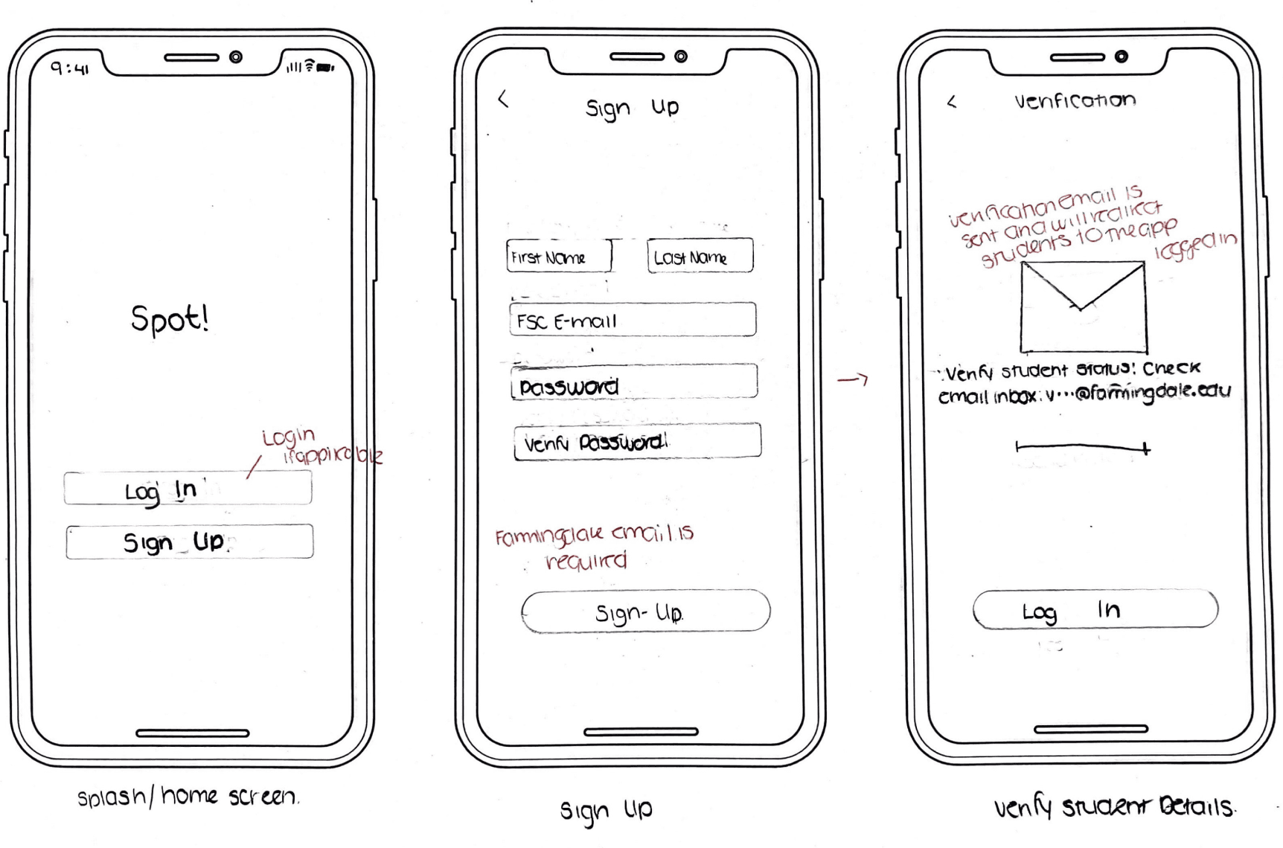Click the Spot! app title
point(170,319)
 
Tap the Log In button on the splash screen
point(188,489)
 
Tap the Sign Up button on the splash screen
point(189,542)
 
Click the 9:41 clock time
point(69,68)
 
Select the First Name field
point(559,257)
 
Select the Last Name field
point(700,257)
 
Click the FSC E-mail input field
point(633,320)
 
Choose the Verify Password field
point(637,442)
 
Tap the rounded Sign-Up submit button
point(645,611)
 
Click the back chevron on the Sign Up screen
point(504,99)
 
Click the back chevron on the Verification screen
point(952,102)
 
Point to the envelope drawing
point(1083,306)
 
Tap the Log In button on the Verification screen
point(1095,610)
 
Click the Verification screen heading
point(1075,100)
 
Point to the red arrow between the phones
point(853,380)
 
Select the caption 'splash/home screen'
point(188,797)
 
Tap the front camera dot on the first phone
point(236,57)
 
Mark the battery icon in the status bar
point(325,68)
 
